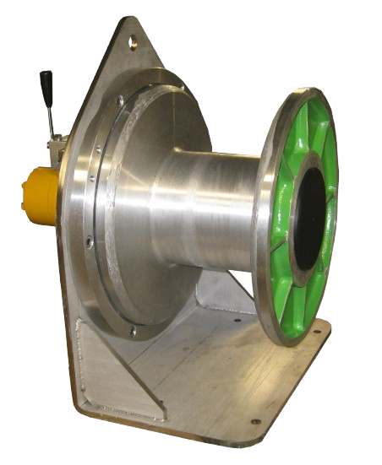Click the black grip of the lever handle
click(x=46, y=85)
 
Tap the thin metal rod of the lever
click(x=52, y=118)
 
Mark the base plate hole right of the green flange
click(x=318, y=334)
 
